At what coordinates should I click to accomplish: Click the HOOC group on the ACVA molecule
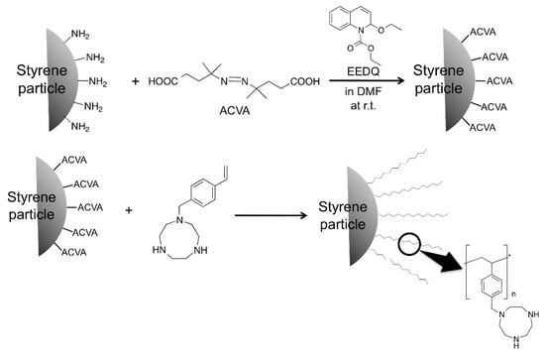163,79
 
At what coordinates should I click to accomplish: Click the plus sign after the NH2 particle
136,79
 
